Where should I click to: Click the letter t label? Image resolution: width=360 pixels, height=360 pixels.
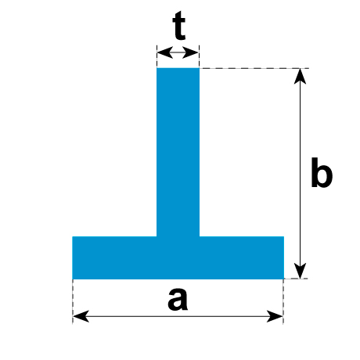(x=179, y=26)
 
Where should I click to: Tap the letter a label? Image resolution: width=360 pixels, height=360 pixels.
(x=178, y=299)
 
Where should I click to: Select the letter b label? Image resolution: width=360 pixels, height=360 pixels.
(x=322, y=172)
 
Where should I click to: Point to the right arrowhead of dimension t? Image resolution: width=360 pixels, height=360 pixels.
(x=191, y=52)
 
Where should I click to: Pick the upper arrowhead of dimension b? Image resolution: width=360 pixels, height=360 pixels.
(x=300, y=76)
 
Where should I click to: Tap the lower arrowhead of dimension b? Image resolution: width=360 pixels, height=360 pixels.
(x=300, y=271)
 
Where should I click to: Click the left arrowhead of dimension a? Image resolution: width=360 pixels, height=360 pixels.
(x=81, y=316)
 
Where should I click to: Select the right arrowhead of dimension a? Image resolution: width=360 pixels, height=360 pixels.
(x=275, y=316)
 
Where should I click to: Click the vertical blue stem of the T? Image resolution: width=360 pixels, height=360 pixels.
(x=178, y=153)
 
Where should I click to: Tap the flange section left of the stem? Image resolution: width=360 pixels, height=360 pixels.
(x=114, y=257)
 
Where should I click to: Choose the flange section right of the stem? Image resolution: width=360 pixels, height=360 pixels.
(x=242, y=257)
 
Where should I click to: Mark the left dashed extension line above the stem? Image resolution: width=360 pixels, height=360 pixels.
(x=157, y=56)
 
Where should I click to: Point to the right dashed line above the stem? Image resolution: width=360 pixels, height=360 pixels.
(x=199, y=56)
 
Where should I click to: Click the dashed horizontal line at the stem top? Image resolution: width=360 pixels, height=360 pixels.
(x=254, y=68)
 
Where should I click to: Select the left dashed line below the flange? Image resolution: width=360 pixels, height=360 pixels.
(x=73, y=301)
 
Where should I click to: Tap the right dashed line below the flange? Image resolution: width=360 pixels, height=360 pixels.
(x=283, y=301)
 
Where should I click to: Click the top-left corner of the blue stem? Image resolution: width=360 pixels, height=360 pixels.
(x=157, y=68)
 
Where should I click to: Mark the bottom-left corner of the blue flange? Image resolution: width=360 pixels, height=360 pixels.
(x=72, y=279)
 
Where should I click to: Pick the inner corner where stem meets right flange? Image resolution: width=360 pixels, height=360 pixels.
(x=200, y=236)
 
